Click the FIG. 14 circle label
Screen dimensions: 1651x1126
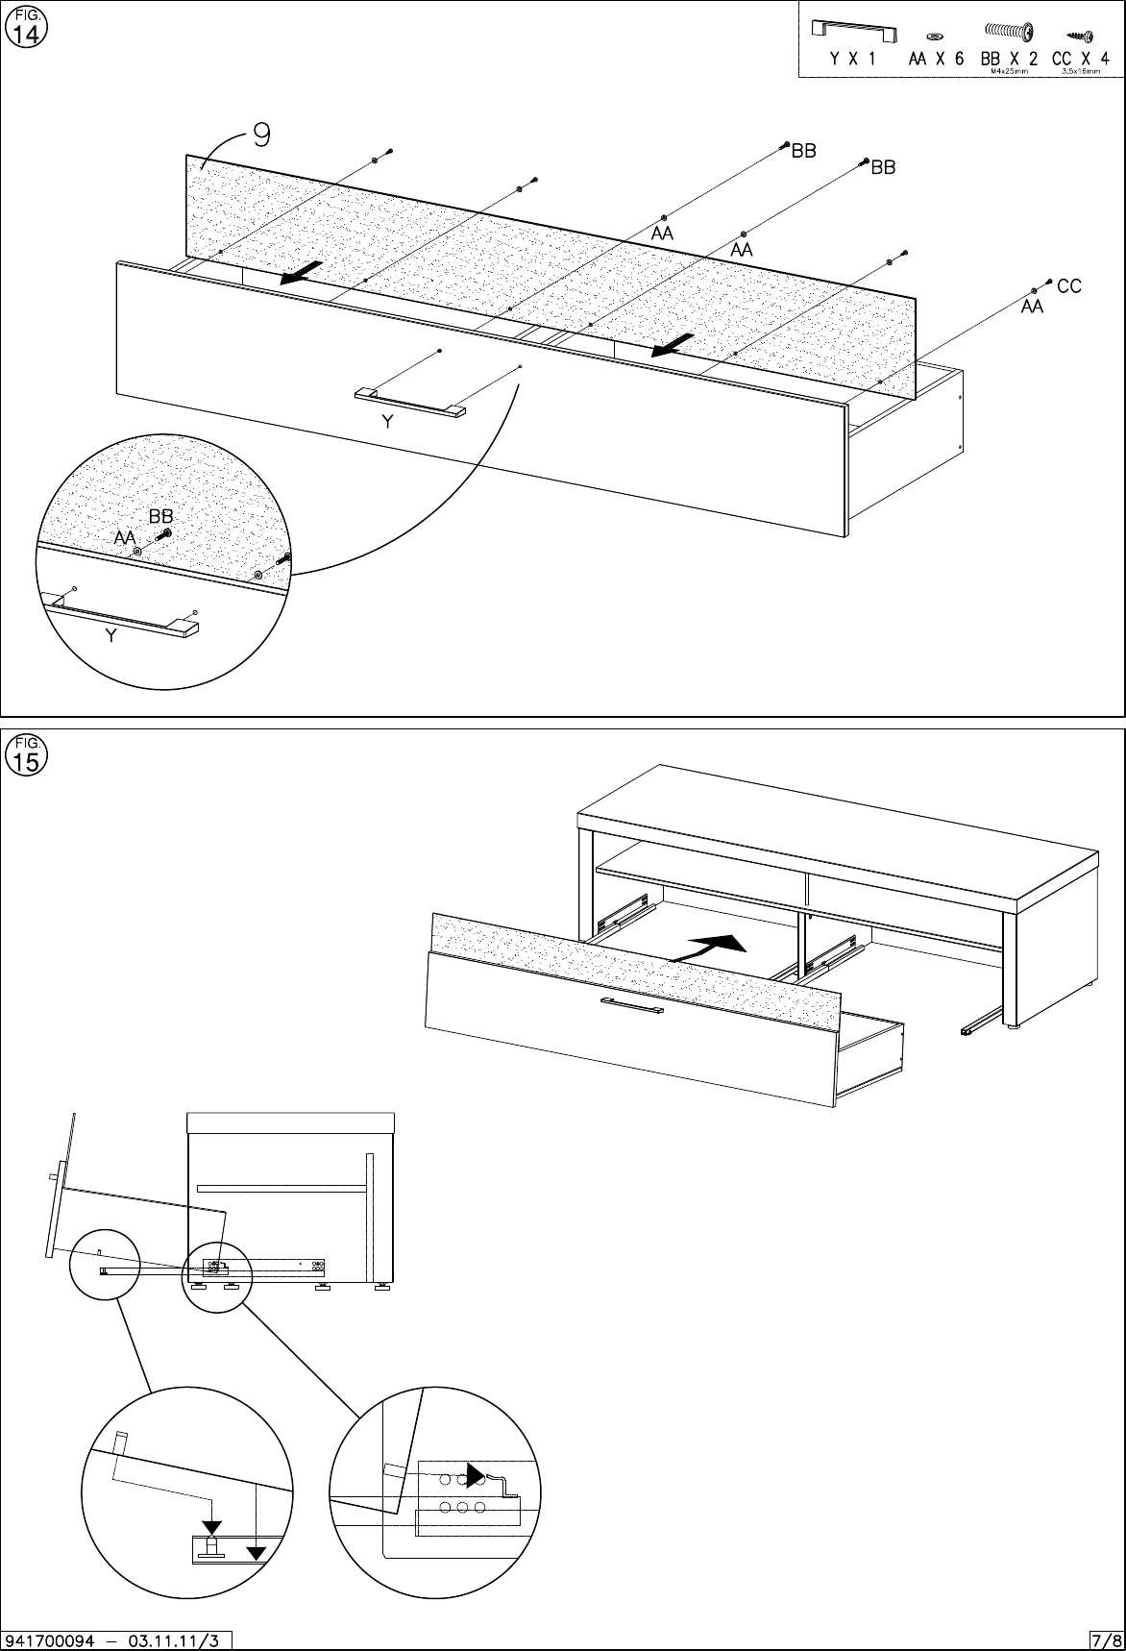[25, 28]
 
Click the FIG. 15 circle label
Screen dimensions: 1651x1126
[25, 756]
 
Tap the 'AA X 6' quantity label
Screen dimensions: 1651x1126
[936, 59]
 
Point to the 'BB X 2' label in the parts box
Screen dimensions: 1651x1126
[1008, 59]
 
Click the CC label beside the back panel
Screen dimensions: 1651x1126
[1068, 286]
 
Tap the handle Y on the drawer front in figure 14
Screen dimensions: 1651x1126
[410, 402]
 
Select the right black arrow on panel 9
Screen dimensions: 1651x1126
[673, 344]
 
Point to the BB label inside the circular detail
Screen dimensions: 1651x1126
[160, 518]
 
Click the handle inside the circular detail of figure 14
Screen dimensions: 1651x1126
[121, 614]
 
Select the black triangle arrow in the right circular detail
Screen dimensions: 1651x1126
[476, 1474]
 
